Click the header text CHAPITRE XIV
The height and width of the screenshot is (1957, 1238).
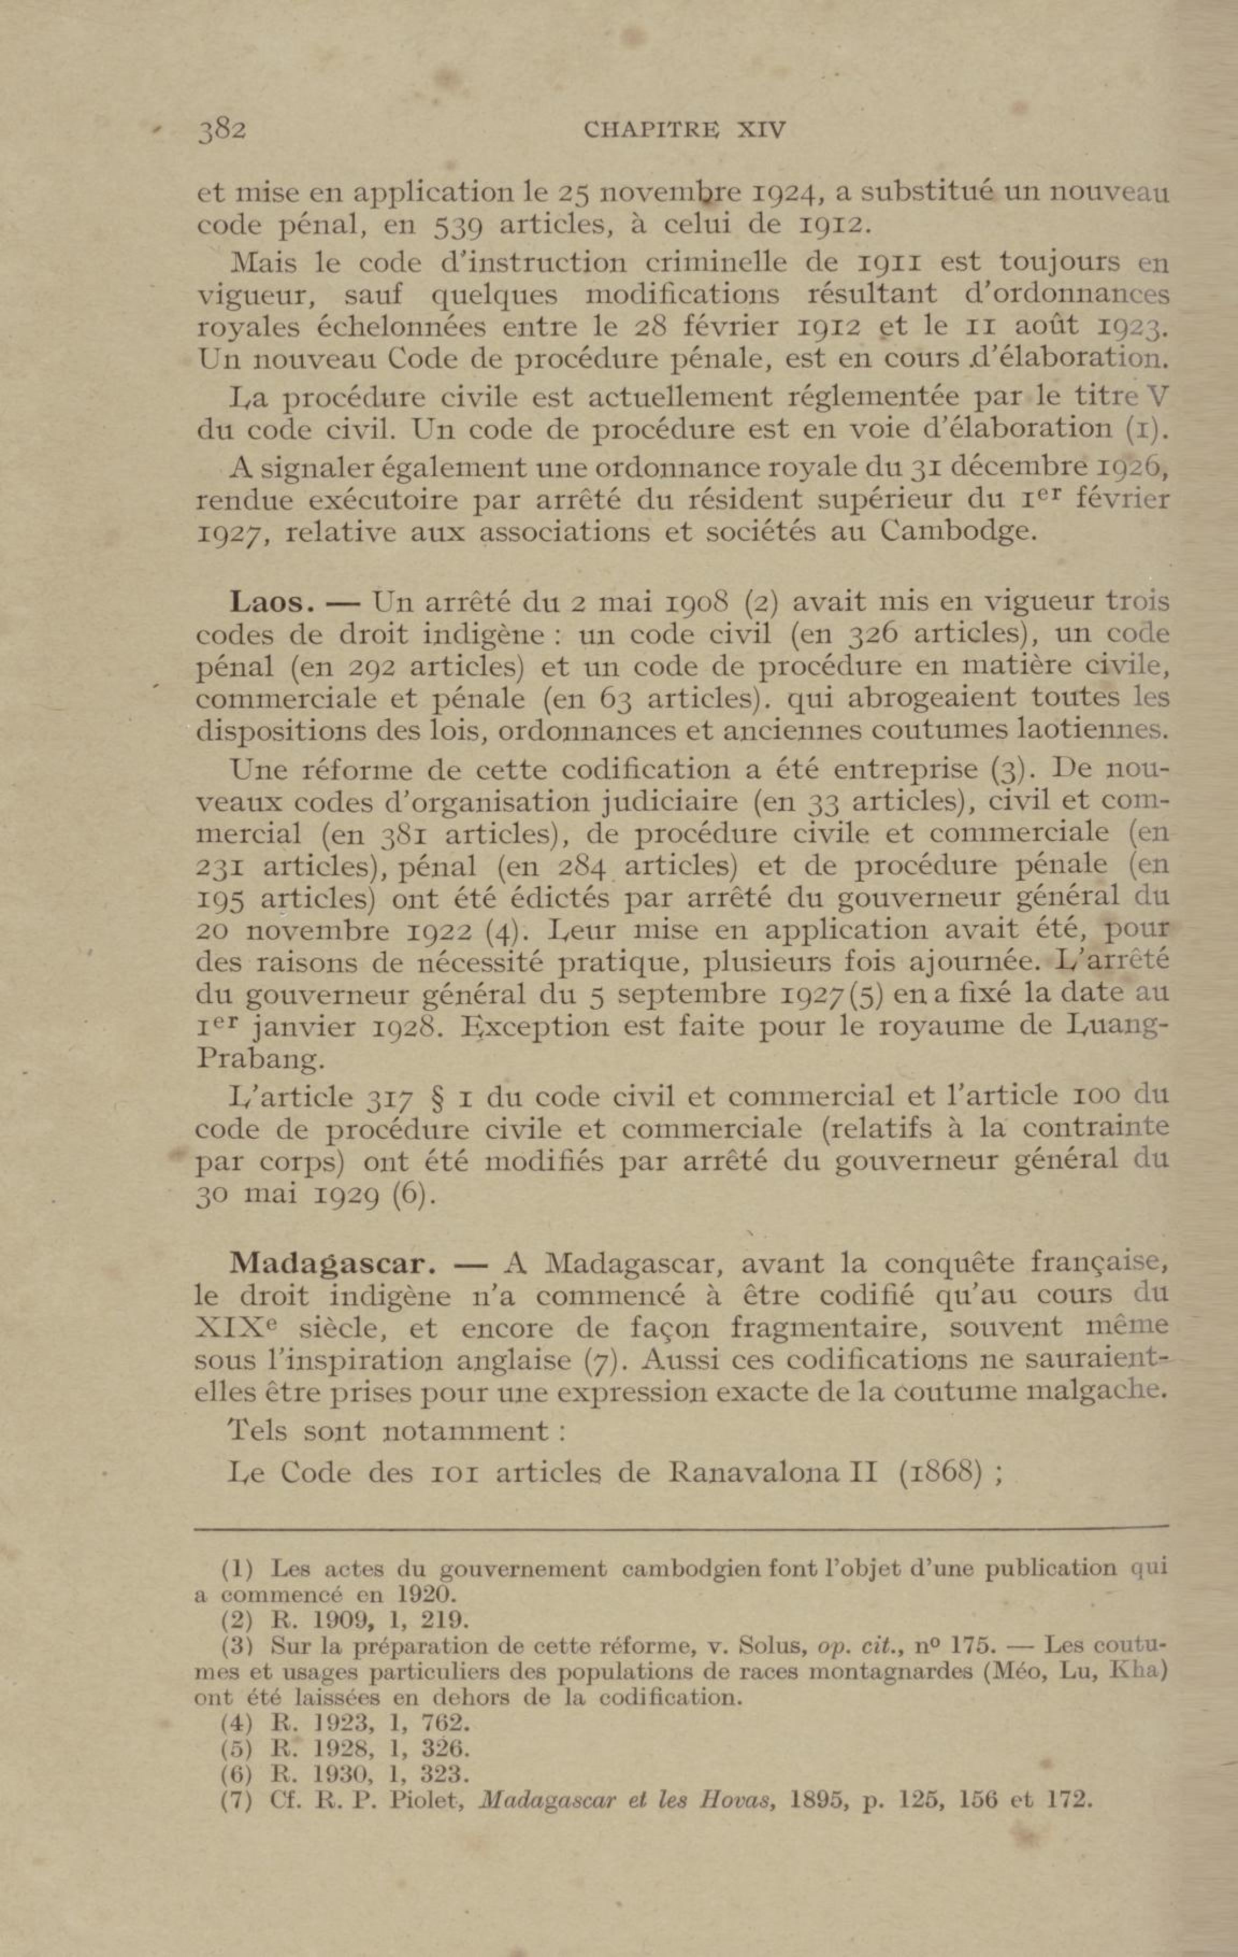(684, 131)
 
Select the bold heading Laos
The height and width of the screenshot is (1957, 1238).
(272, 602)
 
